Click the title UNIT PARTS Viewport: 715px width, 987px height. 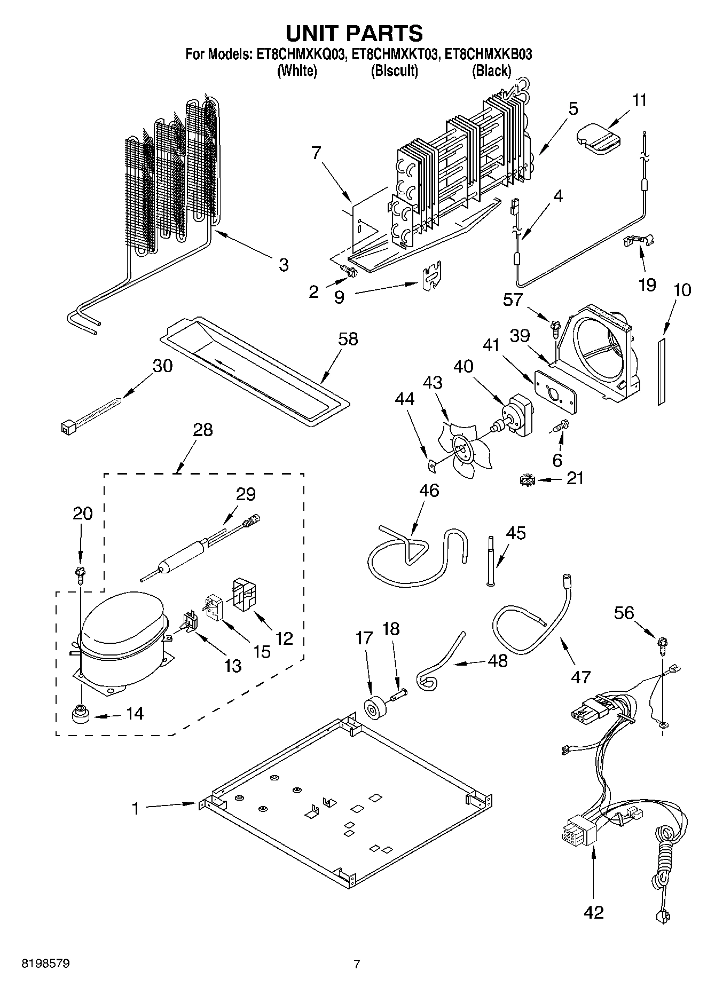(x=355, y=33)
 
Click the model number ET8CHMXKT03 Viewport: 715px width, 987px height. (x=396, y=54)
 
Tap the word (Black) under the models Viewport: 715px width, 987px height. (x=491, y=70)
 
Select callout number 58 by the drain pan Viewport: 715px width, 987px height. (x=348, y=339)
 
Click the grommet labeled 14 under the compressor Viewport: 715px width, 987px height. (x=80, y=713)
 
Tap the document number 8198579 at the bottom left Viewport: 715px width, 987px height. (x=46, y=964)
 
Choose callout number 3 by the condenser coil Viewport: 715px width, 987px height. (x=284, y=264)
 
